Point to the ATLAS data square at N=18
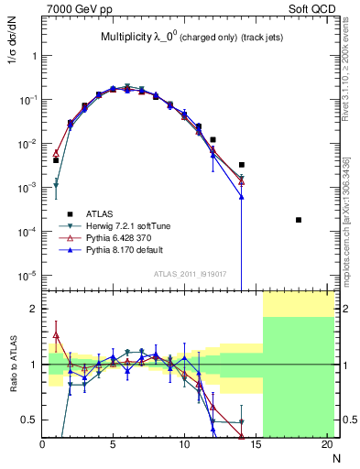[299, 220]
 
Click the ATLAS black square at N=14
[242, 165]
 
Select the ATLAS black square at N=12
[213, 140]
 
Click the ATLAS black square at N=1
[56, 160]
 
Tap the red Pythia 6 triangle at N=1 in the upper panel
[56, 153]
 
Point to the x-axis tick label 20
[327, 445]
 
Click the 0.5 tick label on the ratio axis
[29, 420]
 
